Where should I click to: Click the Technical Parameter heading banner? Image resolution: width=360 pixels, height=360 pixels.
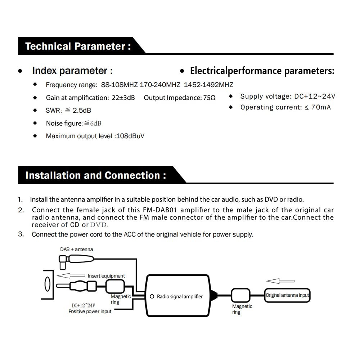78,46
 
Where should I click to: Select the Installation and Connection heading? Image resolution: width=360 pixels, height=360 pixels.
95,176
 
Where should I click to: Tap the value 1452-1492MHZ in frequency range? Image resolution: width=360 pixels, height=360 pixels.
208,85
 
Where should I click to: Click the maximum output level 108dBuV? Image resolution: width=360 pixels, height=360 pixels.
130,136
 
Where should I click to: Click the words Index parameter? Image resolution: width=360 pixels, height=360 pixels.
72,71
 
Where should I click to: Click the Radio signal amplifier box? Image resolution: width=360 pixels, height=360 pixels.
178,296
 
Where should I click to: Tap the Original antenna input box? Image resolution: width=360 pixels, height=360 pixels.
287,295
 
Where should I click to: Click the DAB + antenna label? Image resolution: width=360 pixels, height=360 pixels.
76,249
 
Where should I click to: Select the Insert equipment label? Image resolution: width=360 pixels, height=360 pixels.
106,276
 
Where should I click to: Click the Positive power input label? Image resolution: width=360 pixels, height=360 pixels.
90,311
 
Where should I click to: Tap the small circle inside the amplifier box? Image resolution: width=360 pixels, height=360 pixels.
153,296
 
